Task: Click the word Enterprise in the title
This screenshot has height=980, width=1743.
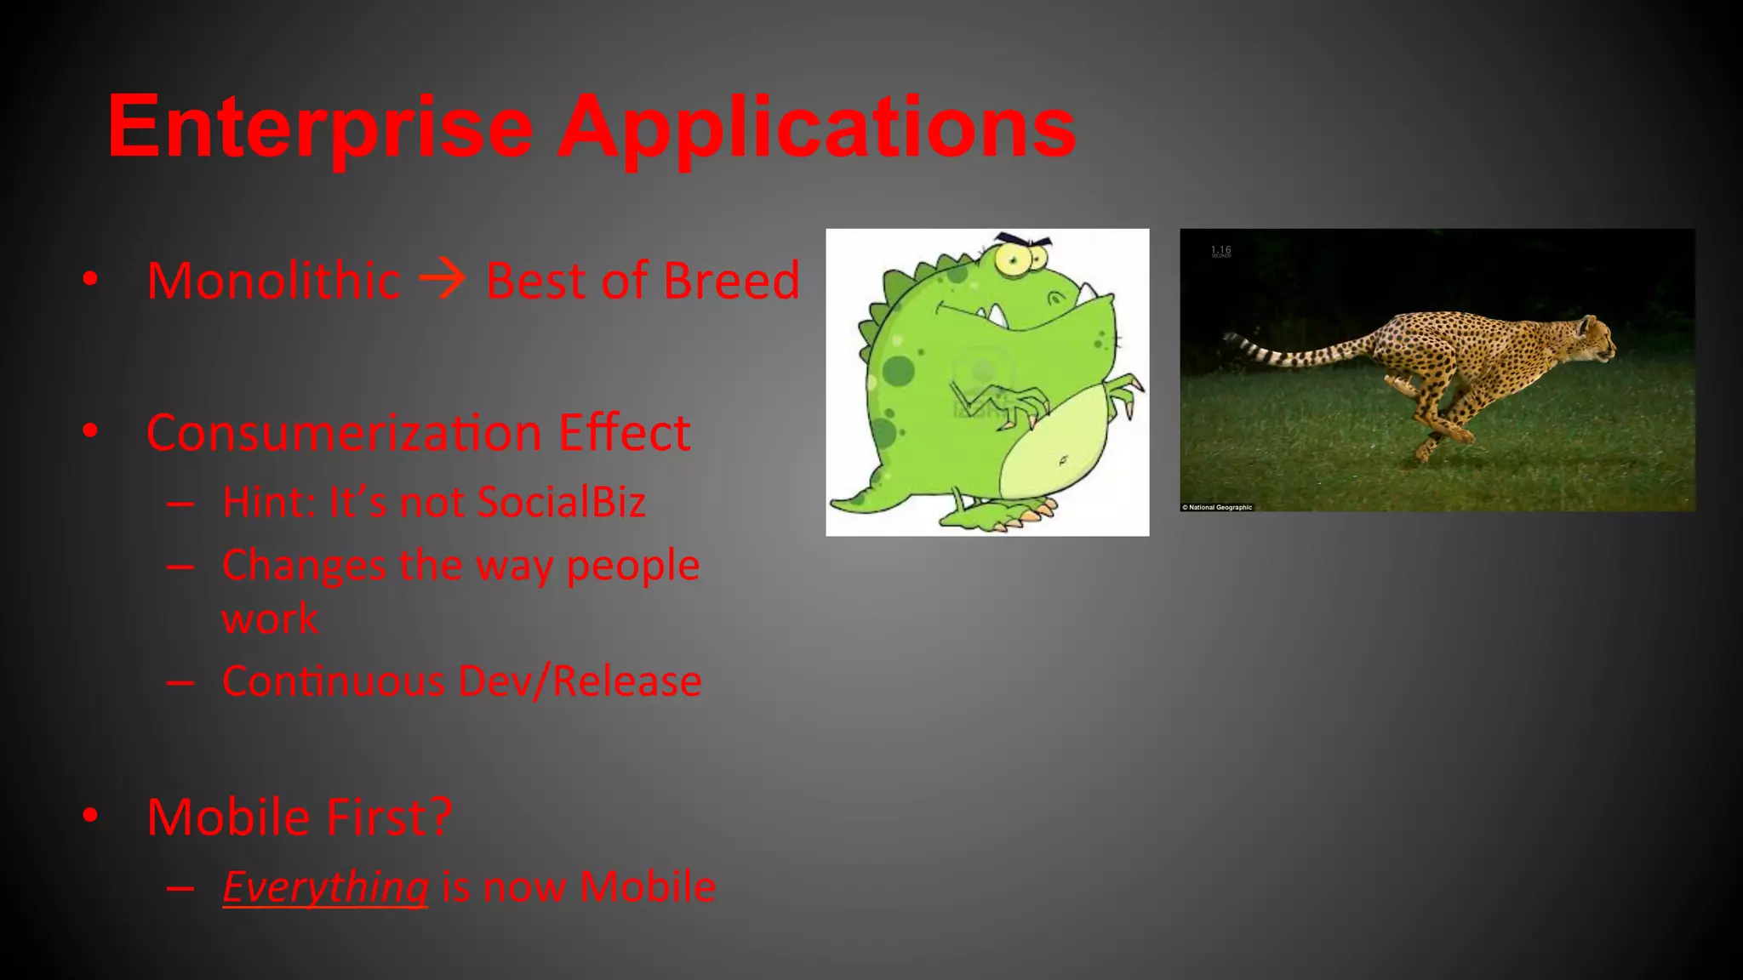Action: point(320,128)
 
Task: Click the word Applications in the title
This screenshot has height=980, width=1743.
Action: point(817,128)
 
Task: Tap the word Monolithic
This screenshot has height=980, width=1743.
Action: point(273,281)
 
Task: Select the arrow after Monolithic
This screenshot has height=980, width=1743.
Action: point(443,278)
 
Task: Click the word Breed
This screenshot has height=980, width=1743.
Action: point(731,281)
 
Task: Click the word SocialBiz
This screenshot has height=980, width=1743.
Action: point(561,502)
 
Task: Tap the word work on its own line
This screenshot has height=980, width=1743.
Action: point(270,618)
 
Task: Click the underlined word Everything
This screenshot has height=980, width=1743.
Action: point(325,887)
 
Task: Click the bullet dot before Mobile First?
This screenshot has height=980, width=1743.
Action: point(90,815)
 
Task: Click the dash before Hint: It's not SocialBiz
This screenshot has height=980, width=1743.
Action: point(180,504)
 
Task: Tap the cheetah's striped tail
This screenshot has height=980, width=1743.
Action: point(1294,352)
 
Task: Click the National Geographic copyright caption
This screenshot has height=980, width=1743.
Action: point(1217,507)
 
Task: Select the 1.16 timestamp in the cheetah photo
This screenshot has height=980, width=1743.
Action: point(1220,251)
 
